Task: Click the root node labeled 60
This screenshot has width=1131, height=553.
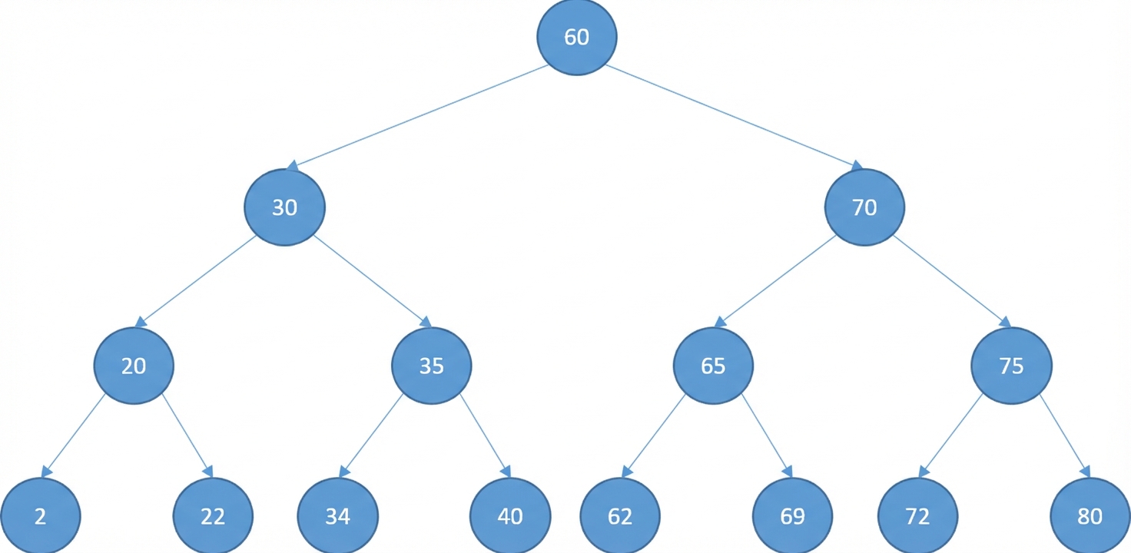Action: pos(576,37)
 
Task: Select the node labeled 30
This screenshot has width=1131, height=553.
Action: pos(285,207)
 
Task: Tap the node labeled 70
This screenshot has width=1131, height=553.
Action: pos(864,207)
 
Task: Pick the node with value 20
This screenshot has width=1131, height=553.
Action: pos(134,366)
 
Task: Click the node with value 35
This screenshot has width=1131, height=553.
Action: pos(432,366)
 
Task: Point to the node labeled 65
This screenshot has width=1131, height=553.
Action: pos(713,366)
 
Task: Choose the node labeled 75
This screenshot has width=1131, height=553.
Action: pos(1011,366)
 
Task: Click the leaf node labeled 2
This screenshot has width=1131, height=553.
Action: pos(41,515)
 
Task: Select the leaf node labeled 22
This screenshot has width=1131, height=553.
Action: pos(213,515)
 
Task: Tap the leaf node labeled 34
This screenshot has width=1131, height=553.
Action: pos(338,515)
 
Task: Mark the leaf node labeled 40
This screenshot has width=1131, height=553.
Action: pos(510,515)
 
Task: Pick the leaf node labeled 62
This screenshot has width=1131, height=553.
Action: pos(620,515)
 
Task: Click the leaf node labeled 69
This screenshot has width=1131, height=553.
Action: pos(792,515)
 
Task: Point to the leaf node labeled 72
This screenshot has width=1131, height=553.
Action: pos(917,515)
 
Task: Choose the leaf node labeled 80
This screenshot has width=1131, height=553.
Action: pos(1090,515)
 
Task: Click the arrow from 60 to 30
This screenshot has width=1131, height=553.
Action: pos(417,118)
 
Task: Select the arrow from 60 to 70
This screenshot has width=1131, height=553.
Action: pos(735,118)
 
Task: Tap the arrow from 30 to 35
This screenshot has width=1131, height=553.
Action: pos(373,282)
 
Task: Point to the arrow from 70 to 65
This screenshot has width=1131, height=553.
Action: pos(775,282)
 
